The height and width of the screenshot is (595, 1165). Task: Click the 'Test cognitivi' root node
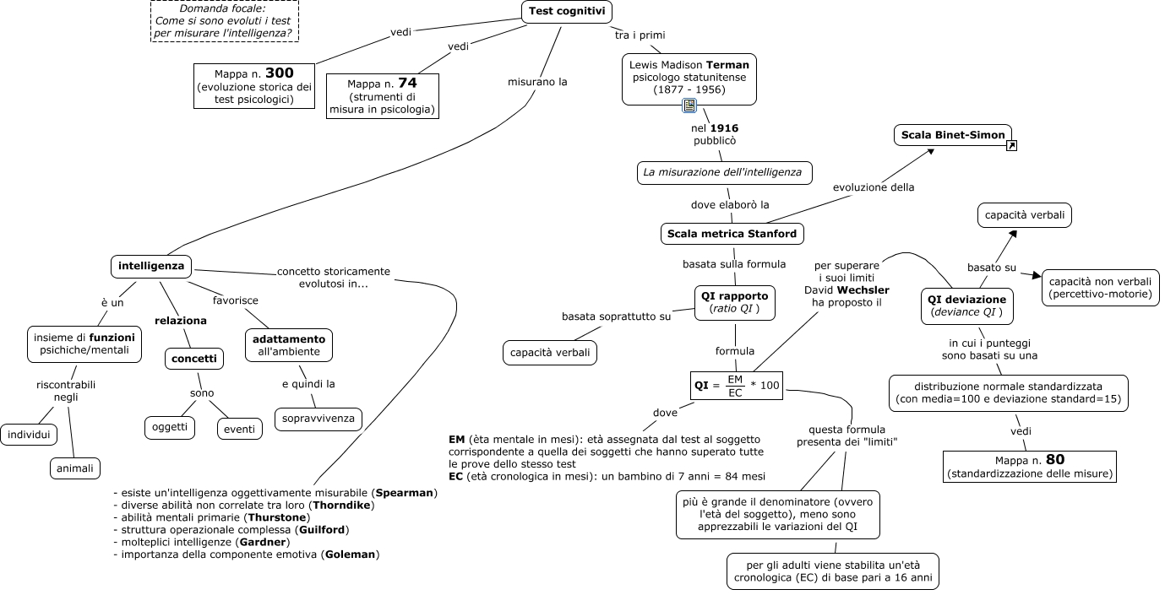click(566, 12)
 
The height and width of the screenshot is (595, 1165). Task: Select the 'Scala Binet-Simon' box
click(952, 135)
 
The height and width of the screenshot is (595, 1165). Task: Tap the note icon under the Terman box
click(689, 105)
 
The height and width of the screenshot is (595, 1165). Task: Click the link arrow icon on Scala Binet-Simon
click(1011, 145)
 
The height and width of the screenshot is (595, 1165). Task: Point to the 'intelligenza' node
click(151, 266)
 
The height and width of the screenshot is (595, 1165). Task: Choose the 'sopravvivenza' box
click(318, 419)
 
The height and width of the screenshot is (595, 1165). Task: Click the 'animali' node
click(75, 468)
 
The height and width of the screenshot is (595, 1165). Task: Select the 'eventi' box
click(239, 430)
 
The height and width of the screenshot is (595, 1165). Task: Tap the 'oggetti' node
click(170, 427)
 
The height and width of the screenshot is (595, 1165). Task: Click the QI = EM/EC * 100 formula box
click(737, 386)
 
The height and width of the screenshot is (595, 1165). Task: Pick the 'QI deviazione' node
click(966, 306)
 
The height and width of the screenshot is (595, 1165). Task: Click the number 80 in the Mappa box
click(1055, 459)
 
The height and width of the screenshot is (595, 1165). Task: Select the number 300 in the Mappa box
click(280, 73)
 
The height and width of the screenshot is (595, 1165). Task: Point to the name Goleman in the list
click(350, 554)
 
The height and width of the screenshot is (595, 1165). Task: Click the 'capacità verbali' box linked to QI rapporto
click(550, 353)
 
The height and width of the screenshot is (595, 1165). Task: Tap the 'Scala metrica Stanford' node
click(732, 234)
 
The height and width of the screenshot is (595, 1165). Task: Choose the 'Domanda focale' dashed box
click(225, 21)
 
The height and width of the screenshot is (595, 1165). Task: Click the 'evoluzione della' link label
click(874, 187)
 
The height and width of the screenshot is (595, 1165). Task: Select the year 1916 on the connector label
click(724, 128)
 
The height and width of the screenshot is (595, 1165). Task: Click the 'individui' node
click(29, 435)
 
